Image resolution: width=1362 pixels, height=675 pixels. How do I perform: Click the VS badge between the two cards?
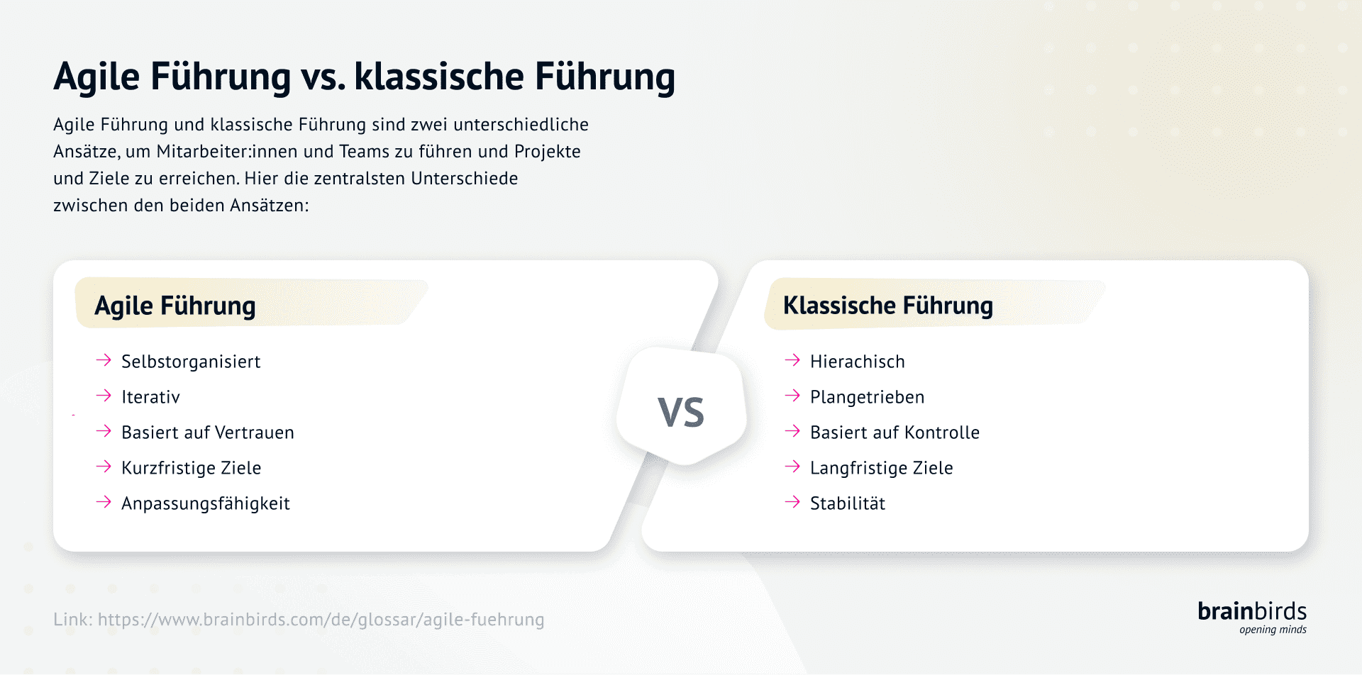click(x=681, y=411)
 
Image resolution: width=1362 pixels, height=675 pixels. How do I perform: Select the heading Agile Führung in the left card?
click(x=175, y=306)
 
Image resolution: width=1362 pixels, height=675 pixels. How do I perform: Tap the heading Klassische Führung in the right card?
click(x=887, y=305)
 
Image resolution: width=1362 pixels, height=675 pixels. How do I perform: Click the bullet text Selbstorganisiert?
click(x=191, y=362)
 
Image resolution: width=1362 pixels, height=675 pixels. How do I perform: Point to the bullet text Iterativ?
click(x=150, y=397)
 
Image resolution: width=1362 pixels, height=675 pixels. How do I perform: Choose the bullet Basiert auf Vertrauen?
click(x=207, y=433)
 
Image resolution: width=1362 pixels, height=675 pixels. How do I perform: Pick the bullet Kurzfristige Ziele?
click(x=191, y=468)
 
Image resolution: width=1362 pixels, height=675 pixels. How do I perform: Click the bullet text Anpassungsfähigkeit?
click(x=205, y=503)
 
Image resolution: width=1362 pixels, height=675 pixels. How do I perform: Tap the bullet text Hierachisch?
click(x=857, y=362)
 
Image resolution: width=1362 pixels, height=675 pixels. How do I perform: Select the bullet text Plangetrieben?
click(x=867, y=397)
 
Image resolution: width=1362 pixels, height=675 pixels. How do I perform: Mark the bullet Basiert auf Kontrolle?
click(x=895, y=433)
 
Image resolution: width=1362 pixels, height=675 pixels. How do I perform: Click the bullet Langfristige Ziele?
click(x=881, y=468)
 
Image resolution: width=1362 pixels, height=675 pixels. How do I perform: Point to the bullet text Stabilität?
click(x=848, y=503)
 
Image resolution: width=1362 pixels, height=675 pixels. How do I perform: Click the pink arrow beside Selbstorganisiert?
click(x=104, y=360)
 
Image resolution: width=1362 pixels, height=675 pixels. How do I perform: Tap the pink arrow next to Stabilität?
click(x=792, y=502)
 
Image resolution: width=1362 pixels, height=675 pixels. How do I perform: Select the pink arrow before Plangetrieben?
click(x=792, y=396)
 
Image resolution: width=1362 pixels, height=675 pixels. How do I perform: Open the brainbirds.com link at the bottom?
click(x=321, y=620)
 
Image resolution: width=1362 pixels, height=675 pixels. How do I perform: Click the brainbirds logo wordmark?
click(x=1251, y=611)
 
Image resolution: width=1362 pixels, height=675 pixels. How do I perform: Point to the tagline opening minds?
click(x=1273, y=630)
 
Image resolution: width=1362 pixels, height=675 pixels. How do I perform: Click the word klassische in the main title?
click(x=438, y=77)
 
